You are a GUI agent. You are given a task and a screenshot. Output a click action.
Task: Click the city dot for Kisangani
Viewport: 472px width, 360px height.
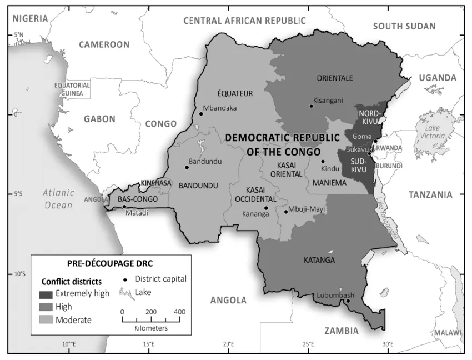tap(311, 106)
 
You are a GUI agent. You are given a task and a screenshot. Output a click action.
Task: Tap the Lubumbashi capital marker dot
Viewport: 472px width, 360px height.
tap(348, 301)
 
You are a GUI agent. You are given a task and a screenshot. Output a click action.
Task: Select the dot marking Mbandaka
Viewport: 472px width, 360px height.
tap(201, 114)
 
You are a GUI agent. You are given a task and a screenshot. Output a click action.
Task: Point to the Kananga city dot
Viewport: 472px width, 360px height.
tap(266, 208)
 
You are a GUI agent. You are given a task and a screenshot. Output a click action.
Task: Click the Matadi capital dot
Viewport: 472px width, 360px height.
tap(124, 207)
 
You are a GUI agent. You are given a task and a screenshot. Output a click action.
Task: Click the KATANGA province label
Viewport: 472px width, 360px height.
tap(319, 260)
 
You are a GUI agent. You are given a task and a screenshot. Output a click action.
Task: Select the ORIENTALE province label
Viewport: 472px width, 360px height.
tap(335, 78)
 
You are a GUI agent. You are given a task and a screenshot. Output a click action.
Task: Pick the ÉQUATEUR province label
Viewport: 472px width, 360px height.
tap(235, 93)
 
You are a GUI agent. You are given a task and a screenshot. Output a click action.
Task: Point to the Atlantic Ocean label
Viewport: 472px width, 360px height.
tap(58, 199)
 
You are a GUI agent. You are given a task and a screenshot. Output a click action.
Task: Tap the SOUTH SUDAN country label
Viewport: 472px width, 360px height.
tap(404, 26)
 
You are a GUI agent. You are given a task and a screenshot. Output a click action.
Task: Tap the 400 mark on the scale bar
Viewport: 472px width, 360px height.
tap(179, 312)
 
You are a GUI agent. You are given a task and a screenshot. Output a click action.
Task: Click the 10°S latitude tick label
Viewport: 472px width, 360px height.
tap(19, 274)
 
